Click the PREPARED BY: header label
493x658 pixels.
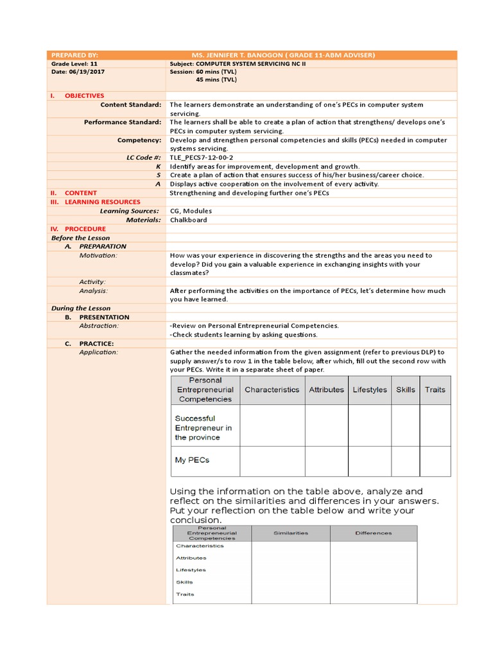click(74, 55)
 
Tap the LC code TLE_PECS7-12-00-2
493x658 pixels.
click(201, 157)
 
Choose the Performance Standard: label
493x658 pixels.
click(123, 122)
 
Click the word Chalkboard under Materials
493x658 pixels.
click(189, 220)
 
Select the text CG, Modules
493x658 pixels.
click(191, 211)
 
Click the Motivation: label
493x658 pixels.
click(98, 255)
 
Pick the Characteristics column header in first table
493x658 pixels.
click(272, 389)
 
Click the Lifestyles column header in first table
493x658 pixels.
click(370, 389)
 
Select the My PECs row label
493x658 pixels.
click(192, 460)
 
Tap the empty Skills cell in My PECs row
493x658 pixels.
click(405, 461)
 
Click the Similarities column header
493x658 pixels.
click(291, 533)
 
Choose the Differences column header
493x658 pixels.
click(373, 533)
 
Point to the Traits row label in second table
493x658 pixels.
click(185, 594)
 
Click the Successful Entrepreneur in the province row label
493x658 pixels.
click(203, 427)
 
